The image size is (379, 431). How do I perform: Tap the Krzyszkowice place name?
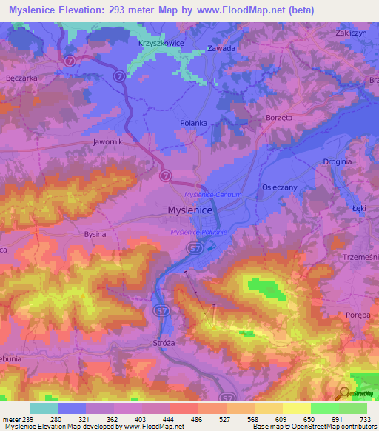pyautogui.click(x=161, y=44)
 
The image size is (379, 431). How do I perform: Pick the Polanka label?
pyautogui.click(x=193, y=124)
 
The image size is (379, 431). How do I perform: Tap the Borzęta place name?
pyautogui.click(x=280, y=118)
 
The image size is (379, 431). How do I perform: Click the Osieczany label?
pyautogui.click(x=280, y=188)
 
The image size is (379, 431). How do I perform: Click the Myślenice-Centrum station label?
pyautogui.click(x=208, y=194)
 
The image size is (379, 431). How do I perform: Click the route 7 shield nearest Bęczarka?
pyautogui.click(x=69, y=60)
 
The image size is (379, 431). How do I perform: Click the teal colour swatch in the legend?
pyautogui.click(x=44, y=408)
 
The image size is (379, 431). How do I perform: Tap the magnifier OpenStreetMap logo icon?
pyautogui.click(x=343, y=395)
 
